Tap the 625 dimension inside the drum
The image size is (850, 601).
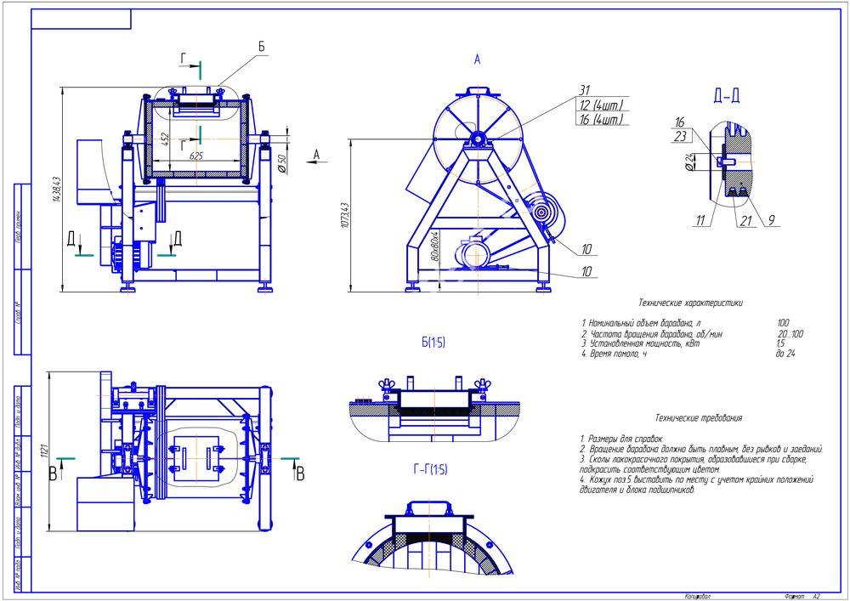pyautogui.click(x=195, y=156)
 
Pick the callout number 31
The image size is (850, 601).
pyautogui.click(x=584, y=90)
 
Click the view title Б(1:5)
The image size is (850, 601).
pyautogui.click(x=433, y=343)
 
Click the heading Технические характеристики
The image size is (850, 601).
pyautogui.click(x=690, y=302)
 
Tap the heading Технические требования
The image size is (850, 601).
pyautogui.click(x=699, y=417)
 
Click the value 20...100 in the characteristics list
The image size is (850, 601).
pyautogui.click(x=790, y=333)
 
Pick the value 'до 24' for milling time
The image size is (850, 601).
pyautogui.click(x=785, y=353)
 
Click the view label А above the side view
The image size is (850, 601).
pyautogui.click(x=478, y=60)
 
